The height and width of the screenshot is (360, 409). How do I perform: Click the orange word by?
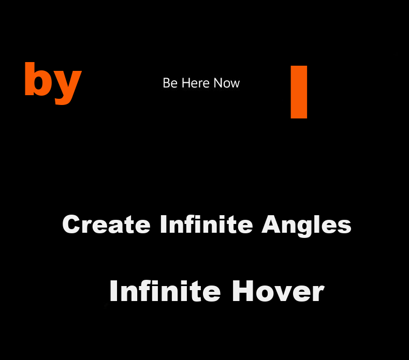tap(53, 83)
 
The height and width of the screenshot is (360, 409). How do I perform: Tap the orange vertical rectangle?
tap(299, 92)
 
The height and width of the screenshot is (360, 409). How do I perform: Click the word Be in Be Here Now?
tap(170, 83)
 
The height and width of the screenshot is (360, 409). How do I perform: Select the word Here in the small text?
tap(195, 83)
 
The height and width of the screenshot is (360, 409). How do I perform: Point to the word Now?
tap(226, 83)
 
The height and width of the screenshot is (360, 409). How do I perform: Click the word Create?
tap(107, 224)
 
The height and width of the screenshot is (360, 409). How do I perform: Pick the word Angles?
tap(306, 226)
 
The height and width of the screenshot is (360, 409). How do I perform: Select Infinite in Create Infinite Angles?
tap(207, 224)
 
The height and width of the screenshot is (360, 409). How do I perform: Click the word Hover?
tap(278, 291)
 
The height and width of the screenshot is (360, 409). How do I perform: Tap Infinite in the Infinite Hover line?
tap(165, 291)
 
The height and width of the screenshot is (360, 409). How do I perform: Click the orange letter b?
tap(38, 79)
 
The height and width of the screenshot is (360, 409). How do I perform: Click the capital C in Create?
tap(71, 224)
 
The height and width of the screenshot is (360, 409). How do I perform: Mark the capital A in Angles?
tap(271, 224)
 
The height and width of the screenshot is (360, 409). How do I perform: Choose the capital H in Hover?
tap(242, 291)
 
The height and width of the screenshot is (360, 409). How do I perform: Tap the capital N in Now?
tap(218, 83)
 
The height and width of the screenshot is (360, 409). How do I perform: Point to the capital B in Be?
tap(166, 83)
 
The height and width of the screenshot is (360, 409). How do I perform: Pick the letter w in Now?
tap(235, 85)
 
